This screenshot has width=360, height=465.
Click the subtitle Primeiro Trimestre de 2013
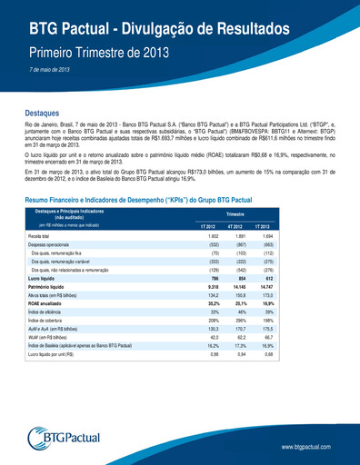pos(99,50)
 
